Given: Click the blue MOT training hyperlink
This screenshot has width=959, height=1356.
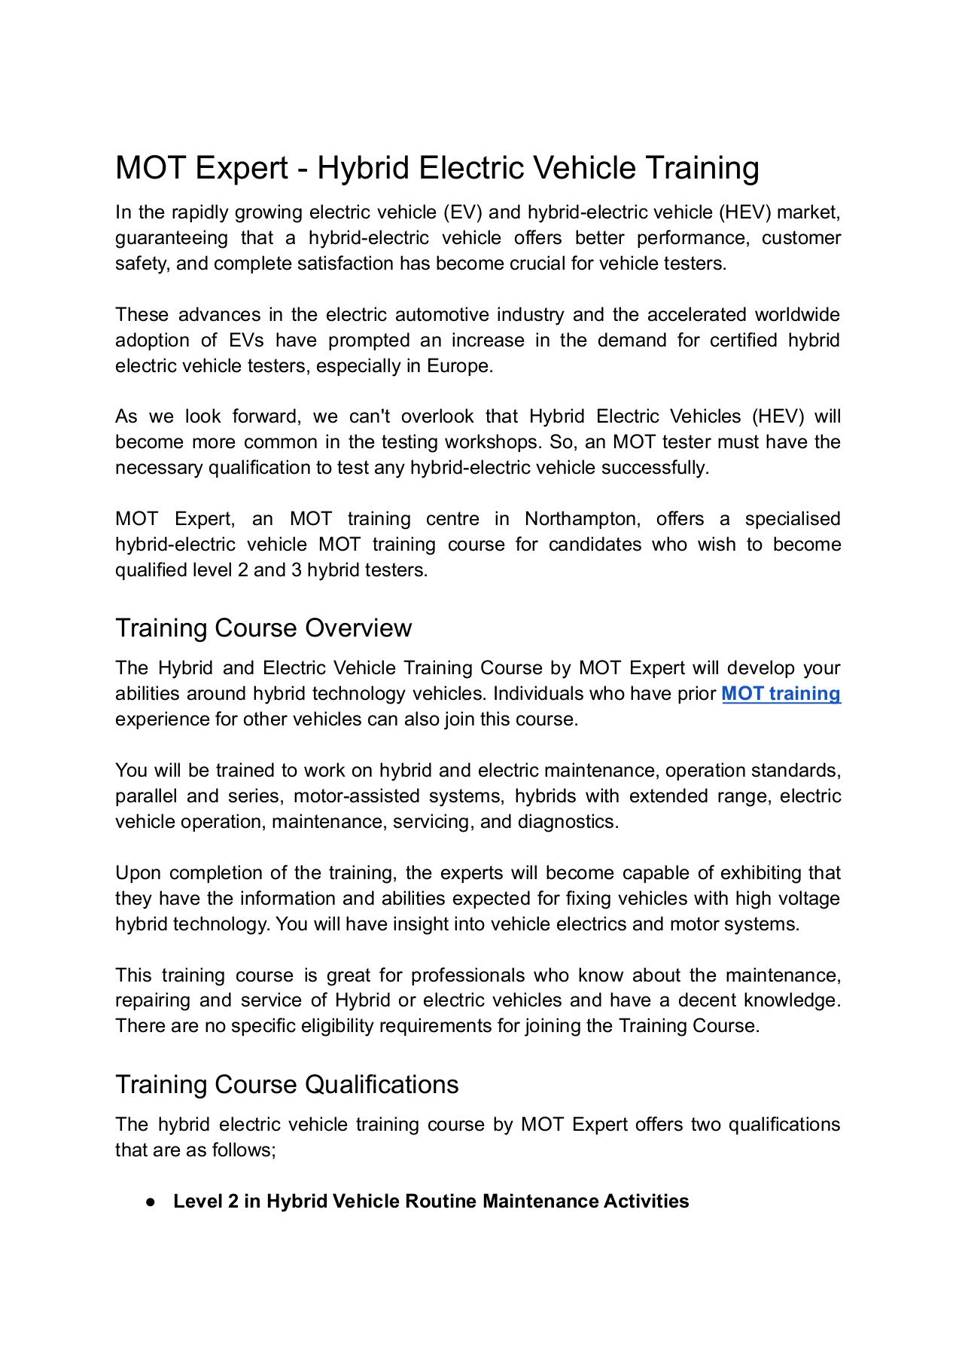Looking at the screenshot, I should coord(781,694).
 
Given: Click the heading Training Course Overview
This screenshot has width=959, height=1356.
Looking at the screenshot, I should coord(263,628).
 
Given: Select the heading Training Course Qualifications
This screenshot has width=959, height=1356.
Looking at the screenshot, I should coord(287,1085).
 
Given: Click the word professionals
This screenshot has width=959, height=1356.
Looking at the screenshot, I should coord(467,976).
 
